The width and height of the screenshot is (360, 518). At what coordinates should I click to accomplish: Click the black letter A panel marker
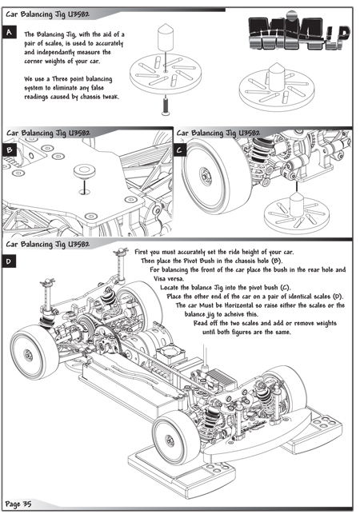[9, 32]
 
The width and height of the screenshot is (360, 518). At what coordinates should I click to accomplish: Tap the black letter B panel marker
[9, 150]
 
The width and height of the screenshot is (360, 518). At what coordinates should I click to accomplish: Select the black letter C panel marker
[179, 150]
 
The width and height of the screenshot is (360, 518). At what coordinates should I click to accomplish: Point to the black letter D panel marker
[9, 261]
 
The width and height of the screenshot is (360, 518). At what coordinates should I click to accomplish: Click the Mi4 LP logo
[299, 33]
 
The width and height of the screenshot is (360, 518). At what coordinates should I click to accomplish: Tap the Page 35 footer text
[18, 504]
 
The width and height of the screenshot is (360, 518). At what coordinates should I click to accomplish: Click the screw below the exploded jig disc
[166, 106]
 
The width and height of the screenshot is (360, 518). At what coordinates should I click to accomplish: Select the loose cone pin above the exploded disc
[166, 37]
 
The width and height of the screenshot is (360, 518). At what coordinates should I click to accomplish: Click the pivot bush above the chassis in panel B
[83, 172]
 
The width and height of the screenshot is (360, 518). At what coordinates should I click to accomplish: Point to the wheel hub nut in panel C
[204, 173]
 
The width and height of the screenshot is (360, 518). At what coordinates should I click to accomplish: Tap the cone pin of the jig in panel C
[297, 203]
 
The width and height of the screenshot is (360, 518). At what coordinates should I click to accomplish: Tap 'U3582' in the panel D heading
[78, 245]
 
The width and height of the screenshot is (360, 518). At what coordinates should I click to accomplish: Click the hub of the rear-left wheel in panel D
[28, 355]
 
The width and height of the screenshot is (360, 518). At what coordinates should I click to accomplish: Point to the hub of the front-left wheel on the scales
[170, 440]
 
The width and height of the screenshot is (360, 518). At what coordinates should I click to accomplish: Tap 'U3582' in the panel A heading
[78, 14]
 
